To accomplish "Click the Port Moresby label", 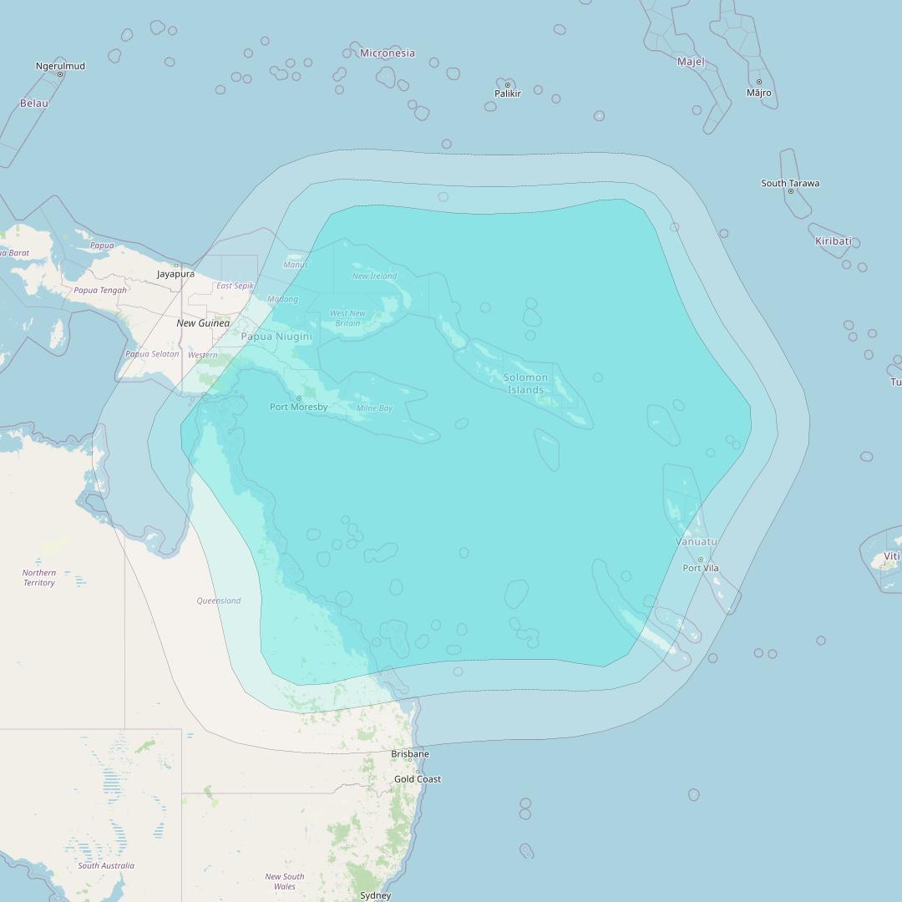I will coord(298,408).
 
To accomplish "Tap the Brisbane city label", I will coord(410,754).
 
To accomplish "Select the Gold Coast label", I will coord(418,779).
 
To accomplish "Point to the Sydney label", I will coord(375,895).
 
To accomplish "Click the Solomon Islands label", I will coord(526,383).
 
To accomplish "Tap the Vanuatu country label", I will coord(697,542).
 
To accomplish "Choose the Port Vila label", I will coord(700,568).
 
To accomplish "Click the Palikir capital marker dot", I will coord(507,85).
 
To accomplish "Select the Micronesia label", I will coord(387,53).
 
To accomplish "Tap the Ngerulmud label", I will coord(60,65).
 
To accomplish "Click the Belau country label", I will coord(34,104).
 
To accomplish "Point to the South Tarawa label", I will coord(790,183).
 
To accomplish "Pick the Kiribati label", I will coord(833,241).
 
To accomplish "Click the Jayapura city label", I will coord(175,274).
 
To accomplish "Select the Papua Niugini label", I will coord(276,337).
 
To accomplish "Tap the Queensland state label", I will coord(219,600).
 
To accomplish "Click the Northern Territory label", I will coord(39,577).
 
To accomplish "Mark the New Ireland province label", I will coord(374,276).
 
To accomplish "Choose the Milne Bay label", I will coord(374,408).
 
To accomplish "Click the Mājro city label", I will coord(758,93).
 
